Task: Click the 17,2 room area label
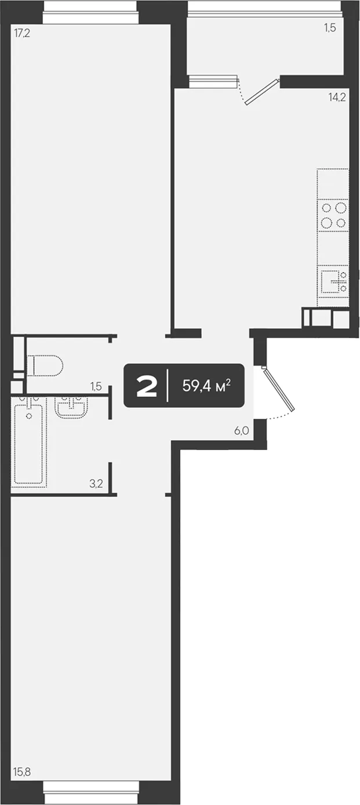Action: click(22, 34)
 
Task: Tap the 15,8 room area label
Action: click(22, 771)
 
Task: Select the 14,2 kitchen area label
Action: click(337, 97)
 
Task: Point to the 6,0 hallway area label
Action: click(242, 430)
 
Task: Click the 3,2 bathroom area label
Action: click(96, 483)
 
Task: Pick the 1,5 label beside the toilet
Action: click(96, 386)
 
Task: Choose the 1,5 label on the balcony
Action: click(330, 28)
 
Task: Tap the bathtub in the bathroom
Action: click(29, 442)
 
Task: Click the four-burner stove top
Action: click(333, 215)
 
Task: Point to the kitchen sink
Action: click(333, 282)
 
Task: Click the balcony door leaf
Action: click(263, 92)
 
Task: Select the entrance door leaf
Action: click(278, 388)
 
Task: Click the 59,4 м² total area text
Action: click(206, 386)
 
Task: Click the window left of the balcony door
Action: click(213, 81)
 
